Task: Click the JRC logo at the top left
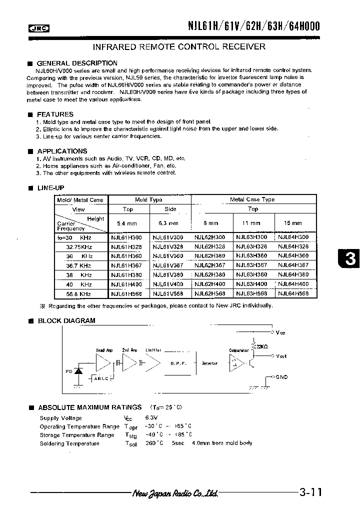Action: (x=39, y=28)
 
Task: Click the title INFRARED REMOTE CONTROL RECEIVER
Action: (x=179, y=47)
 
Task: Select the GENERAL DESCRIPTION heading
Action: (x=77, y=63)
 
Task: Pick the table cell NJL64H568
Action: (x=293, y=293)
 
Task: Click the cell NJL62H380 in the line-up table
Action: (x=209, y=274)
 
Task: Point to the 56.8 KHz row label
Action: (x=78, y=293)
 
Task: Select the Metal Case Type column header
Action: (x=252, y=199)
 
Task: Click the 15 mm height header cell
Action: (x=293, y=223)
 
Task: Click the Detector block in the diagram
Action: (x=209, y=363)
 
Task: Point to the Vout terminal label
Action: (x=281, y=356)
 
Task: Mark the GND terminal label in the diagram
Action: (x=281, y=377)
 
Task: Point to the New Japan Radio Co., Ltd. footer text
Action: (x=175, y=493)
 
